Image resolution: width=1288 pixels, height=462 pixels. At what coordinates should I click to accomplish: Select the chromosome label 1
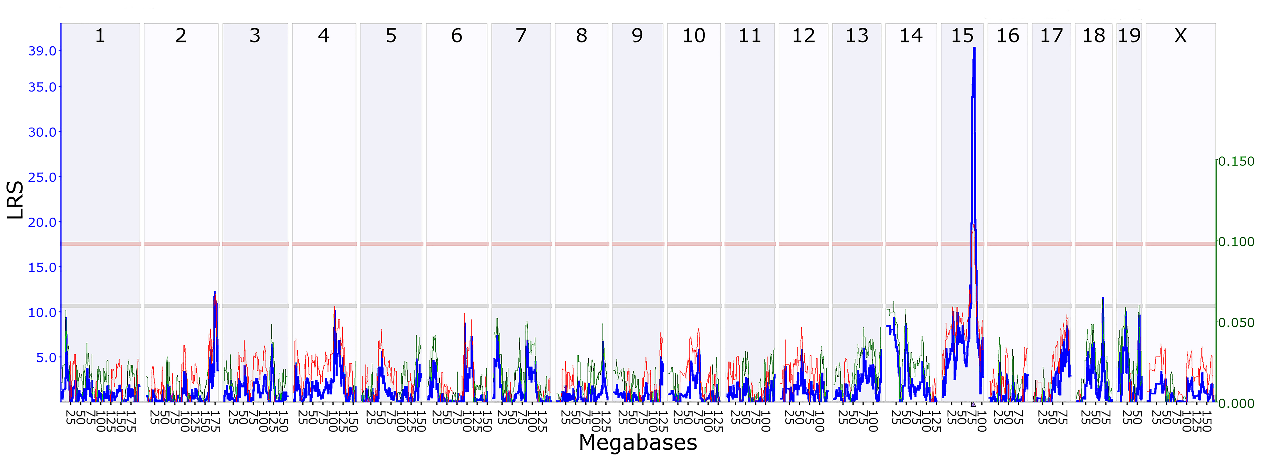100,36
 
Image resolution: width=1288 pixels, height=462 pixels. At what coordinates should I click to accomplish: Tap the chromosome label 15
962,36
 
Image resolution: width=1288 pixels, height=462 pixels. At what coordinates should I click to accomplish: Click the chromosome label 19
1129,36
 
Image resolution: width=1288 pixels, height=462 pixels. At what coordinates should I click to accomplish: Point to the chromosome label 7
521,36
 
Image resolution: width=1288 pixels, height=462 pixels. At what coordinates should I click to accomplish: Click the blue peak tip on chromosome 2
215,292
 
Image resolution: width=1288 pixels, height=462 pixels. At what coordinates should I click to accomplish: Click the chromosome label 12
803,36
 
